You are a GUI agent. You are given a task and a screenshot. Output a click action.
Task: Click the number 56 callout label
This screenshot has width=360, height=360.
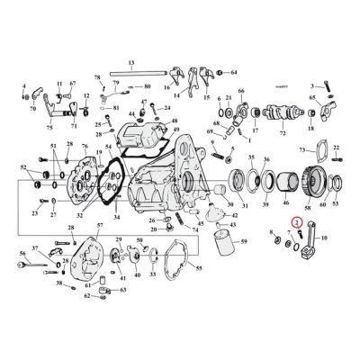[21, 255]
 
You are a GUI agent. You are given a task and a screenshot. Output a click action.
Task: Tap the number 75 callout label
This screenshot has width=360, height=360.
[49, 128]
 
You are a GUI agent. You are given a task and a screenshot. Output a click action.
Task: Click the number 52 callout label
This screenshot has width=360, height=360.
[23, 167]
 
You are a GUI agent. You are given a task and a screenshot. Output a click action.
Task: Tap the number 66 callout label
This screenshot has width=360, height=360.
[240, 93]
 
